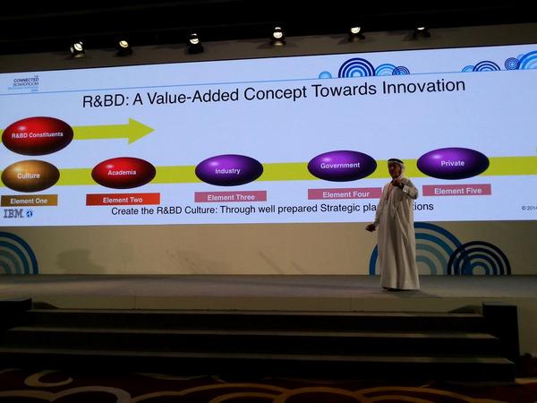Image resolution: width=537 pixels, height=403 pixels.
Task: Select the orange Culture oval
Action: (x=30, y=176)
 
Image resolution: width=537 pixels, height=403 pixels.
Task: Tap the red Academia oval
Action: (x=124, y=172)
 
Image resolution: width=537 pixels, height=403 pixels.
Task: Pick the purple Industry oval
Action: (x=228, y=170)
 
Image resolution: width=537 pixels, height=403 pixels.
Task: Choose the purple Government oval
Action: (x=341, y=166)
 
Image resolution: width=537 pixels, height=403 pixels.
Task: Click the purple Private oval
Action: (x=453, y=163)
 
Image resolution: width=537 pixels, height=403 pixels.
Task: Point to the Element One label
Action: (x=29, y=201)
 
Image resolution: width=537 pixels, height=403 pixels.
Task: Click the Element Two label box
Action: (x=123, y=199)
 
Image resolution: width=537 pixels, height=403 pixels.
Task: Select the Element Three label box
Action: (x=230, y=196)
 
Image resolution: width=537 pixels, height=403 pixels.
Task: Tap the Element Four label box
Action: (x=345, y=193)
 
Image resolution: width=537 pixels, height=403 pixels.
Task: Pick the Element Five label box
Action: (x=456, y=190)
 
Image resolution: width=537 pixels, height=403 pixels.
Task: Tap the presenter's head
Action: (x=396, y=167)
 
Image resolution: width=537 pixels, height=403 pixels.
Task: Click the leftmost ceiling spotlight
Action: (x=77, y=47)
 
